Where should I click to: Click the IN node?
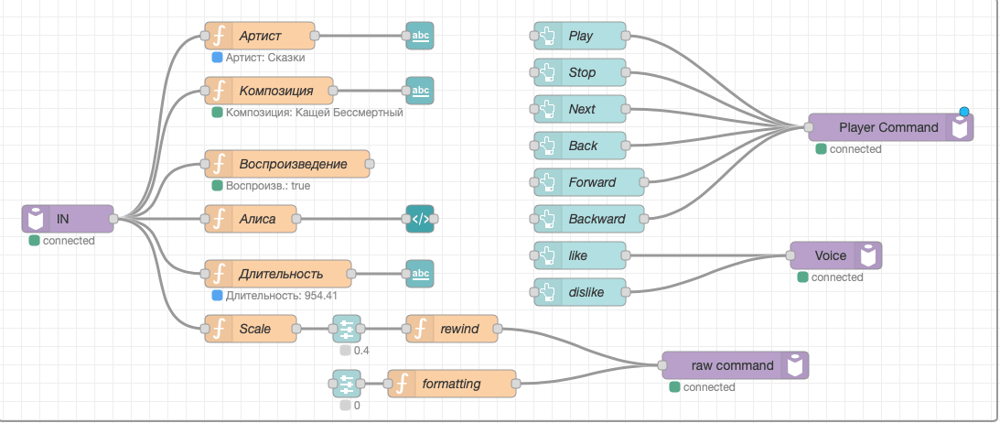67,219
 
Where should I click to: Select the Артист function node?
260,36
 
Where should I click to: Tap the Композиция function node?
269,91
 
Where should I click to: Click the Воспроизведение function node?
287,164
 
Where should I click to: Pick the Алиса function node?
253,219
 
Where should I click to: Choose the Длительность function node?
278,274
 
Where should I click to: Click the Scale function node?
251,329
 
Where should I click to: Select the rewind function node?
452,329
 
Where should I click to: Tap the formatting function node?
451,384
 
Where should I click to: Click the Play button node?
579,36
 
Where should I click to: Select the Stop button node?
579,72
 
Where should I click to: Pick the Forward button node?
588,182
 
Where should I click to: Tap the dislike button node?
579,292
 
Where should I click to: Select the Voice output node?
835,255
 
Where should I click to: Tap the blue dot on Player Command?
964,113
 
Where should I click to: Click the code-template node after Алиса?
420,219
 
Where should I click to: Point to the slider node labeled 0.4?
347,329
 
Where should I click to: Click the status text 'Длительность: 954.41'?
281,296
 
